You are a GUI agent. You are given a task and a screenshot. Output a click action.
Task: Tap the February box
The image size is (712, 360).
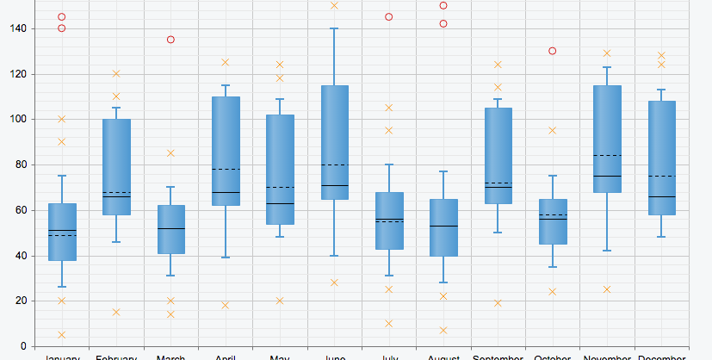click(116, 166)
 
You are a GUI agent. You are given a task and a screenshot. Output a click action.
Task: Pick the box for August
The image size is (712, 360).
click(443, 227)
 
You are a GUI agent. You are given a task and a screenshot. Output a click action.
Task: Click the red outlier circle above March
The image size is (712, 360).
click(170, 40)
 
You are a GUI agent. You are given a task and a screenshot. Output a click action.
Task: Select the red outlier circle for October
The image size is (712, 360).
click(552, 51)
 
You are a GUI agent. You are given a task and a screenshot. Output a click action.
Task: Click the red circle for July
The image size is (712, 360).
click(389, 17)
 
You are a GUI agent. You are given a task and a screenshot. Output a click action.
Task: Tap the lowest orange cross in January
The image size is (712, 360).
click(61, 335)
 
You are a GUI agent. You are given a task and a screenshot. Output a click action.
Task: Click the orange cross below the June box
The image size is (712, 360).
click(334, 282)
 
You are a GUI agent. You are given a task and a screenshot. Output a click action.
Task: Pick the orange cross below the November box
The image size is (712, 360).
click(607, 289)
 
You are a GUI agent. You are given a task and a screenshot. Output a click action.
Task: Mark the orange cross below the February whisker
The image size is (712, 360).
click(116, 312)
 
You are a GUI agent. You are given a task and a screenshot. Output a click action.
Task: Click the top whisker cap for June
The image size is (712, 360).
click(334, 28)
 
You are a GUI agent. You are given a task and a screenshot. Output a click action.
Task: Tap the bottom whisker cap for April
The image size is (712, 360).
click(226, 258)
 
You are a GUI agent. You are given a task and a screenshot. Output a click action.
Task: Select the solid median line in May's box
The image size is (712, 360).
click(280, 203)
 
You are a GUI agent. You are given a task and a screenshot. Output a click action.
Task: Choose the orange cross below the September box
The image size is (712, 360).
click(498, 303)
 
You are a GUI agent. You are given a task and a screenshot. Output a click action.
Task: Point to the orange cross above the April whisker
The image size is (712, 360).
click(226, 62)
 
